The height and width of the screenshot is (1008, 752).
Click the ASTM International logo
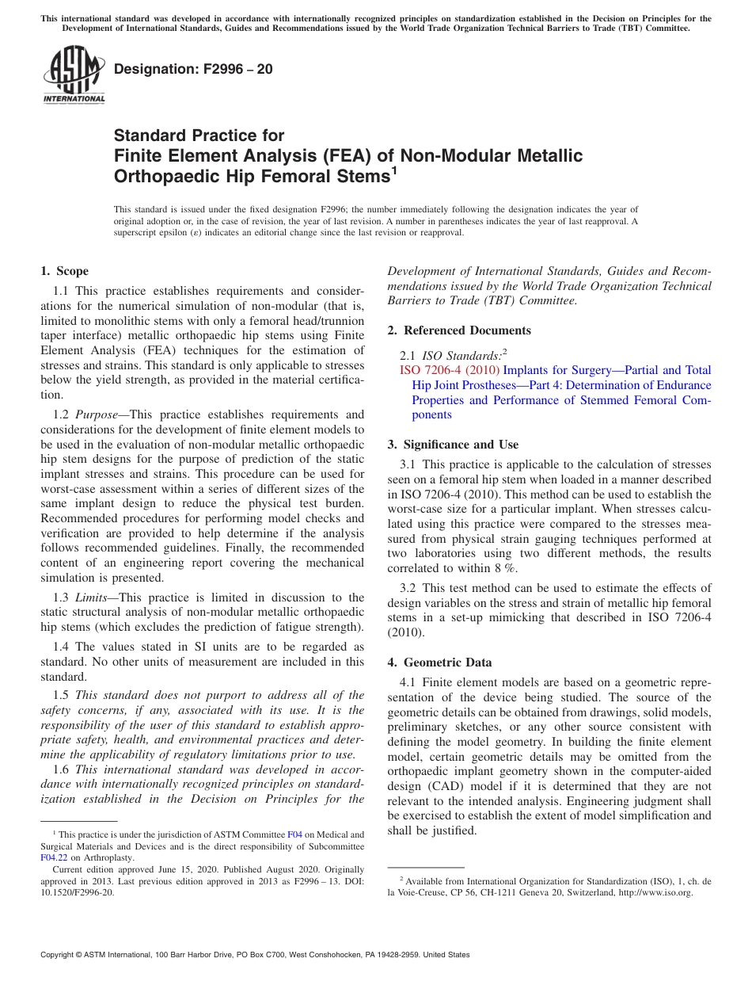coord(74,74)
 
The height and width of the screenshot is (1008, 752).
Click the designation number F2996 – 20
coord(193,69)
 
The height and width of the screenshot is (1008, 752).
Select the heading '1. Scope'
coord(65,271)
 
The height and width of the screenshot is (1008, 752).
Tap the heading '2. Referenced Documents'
coord(459,330)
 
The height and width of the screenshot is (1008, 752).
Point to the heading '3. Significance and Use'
coord(453,445)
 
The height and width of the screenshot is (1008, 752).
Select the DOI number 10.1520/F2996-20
coord(77,892)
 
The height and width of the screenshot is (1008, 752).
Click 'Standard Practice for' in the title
coord(199,136)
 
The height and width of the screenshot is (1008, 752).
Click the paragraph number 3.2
coord(408,588)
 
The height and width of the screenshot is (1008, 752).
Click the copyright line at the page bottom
coord(255,955)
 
